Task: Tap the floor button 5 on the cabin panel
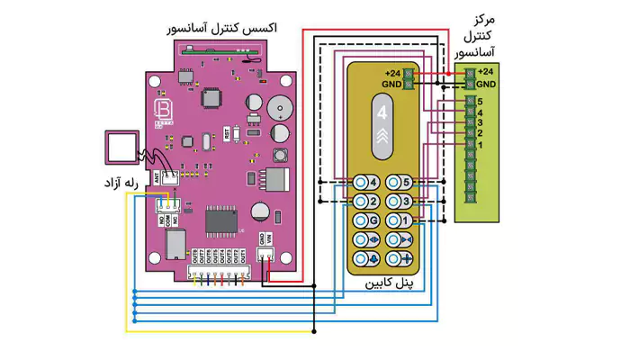[x=400, y=183]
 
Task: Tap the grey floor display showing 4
[x=383, y=115]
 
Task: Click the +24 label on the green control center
[x=486, y=71]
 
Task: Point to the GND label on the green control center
[x=486, y=83]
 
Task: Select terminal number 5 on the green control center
[x=481, y=102]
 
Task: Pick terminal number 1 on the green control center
[x=481, y=145]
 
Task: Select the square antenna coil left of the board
[x=121, y=147]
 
